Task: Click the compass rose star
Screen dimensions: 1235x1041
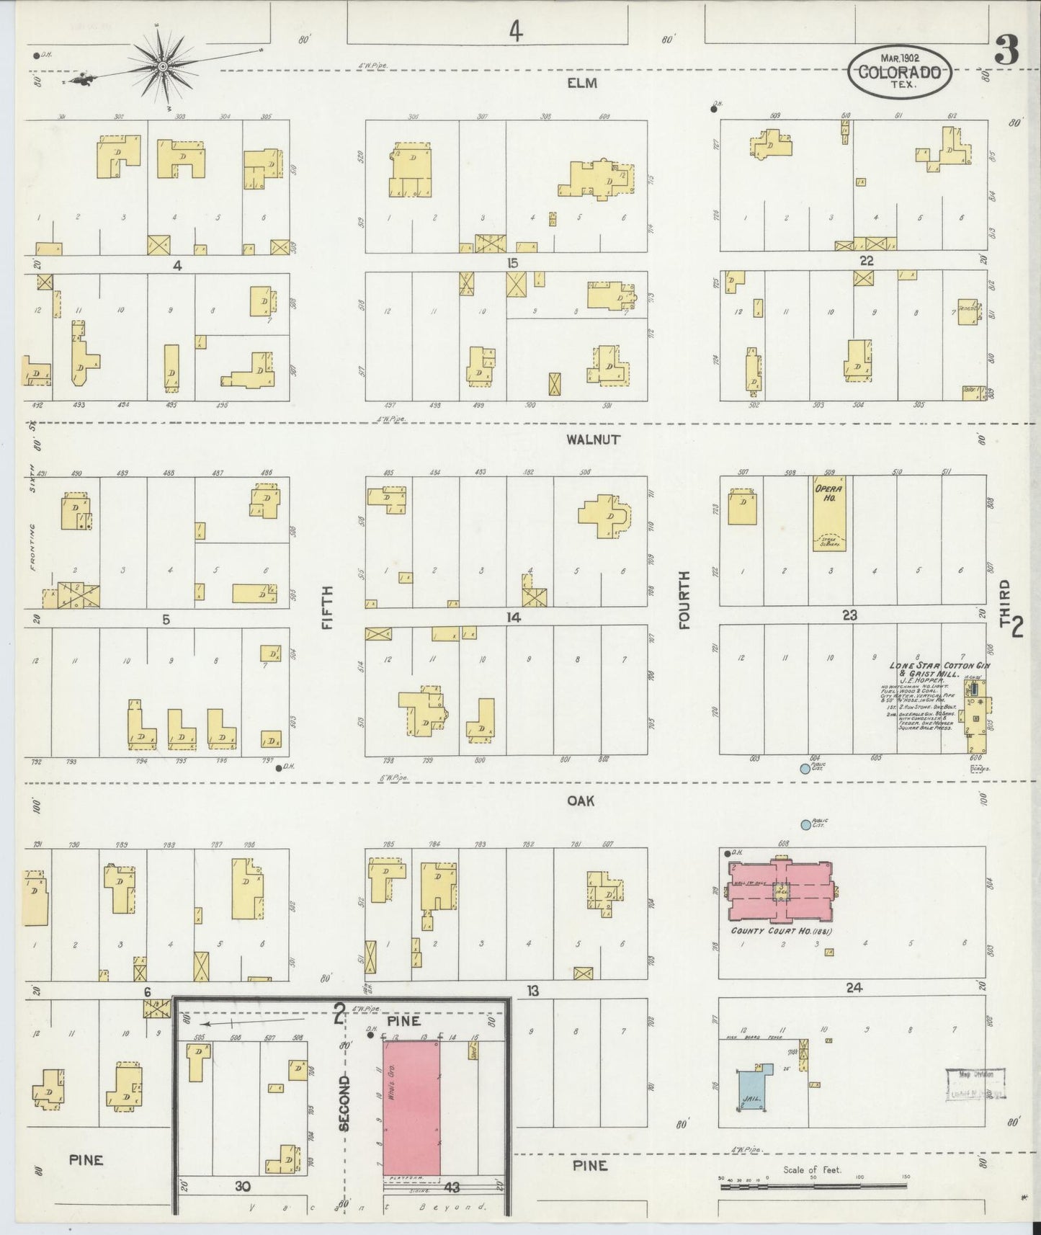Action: click(164, 66)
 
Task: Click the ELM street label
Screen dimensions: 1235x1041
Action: click(582, 83)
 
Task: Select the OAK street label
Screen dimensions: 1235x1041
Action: click(581, 801)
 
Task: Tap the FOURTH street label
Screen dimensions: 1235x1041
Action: click(684, 599)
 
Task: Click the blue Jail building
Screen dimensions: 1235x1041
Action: click(752, 1088)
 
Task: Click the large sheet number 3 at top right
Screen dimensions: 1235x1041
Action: click(1006, 50)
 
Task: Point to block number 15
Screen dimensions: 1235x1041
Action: click(511, 263)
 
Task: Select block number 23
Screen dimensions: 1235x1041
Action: click(850, 615)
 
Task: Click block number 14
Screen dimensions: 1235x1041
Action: click(513, 617)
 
